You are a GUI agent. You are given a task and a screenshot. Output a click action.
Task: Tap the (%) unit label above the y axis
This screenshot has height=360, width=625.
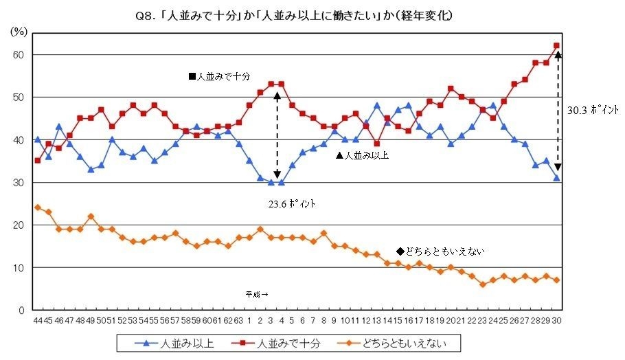19,32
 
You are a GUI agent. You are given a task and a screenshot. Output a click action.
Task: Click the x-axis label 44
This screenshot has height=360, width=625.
37,320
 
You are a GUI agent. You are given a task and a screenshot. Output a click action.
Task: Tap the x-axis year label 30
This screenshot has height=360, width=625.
557,320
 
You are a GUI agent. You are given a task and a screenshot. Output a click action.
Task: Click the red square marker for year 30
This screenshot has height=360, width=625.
557,46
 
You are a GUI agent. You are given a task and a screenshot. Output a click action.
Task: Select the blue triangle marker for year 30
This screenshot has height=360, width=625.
557,178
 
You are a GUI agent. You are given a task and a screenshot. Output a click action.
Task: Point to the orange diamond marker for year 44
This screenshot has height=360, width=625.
37,207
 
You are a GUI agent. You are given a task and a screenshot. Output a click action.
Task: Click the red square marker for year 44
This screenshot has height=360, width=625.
37,161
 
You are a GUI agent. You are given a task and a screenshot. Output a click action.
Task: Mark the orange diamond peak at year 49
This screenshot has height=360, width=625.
91,216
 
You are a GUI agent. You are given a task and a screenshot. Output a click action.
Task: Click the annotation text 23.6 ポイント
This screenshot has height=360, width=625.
292,204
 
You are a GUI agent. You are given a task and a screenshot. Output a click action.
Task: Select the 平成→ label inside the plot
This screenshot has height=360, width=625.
256,294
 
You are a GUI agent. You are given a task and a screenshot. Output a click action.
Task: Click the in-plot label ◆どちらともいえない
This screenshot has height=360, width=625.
440,251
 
